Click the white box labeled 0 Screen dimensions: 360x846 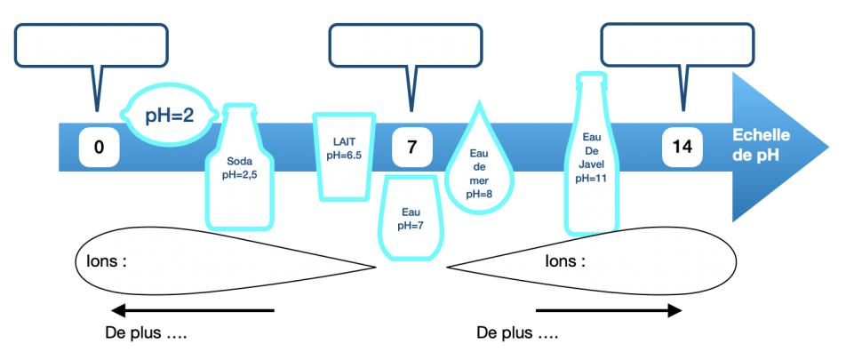tap(99, 148)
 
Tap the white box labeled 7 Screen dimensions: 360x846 tap(411, 148)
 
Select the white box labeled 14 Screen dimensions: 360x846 tap(682, 147)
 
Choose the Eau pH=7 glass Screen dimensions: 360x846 tap(410, 218)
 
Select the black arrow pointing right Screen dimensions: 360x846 tap(608, 310)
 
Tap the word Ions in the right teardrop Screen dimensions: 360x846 tap(565, 262)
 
